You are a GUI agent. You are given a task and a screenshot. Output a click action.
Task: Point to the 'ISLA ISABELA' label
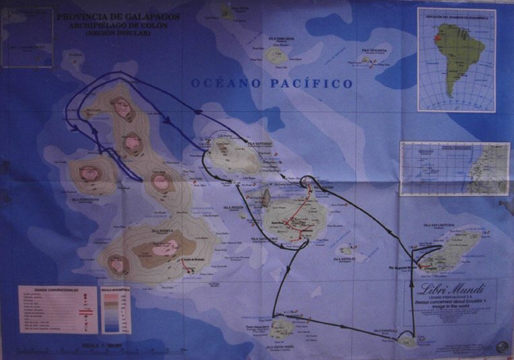(x=162, y=231)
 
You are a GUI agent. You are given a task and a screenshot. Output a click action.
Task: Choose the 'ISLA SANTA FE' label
(x=347, y=259)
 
